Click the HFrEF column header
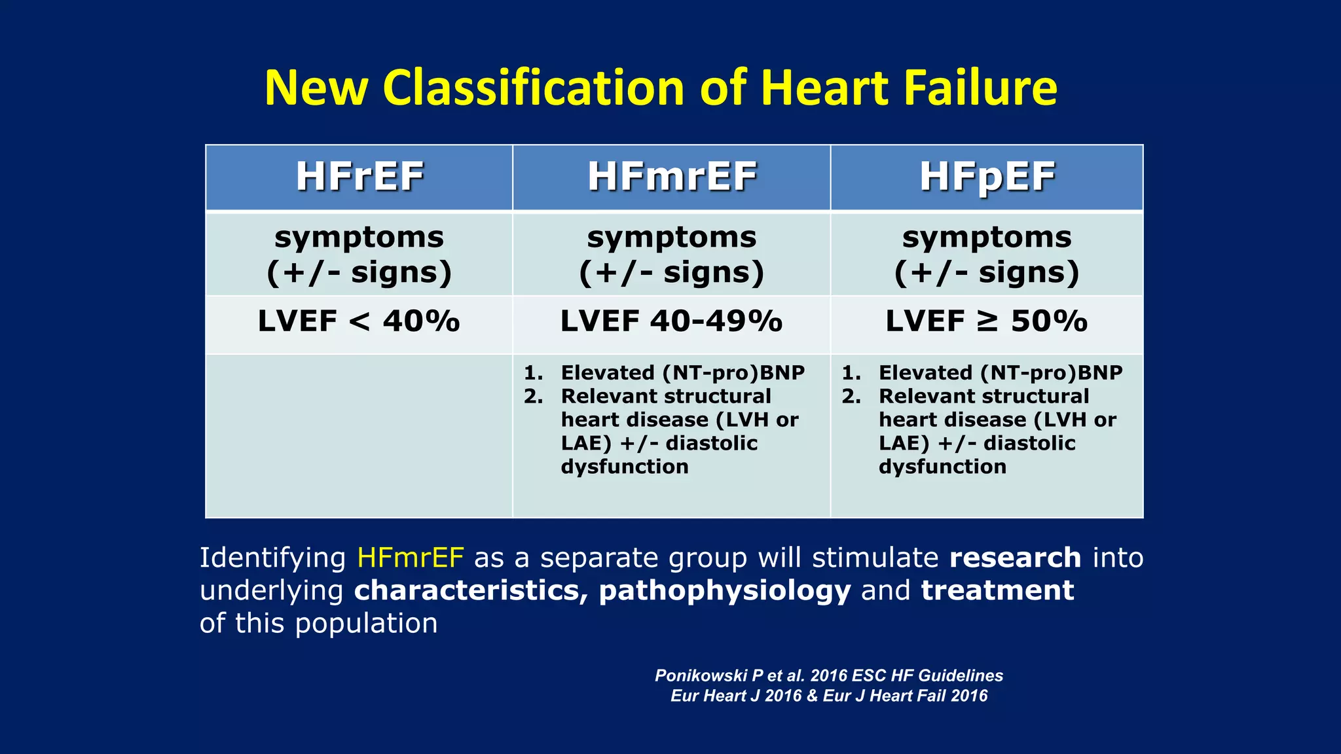359,177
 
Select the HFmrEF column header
672,177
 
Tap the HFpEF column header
987,177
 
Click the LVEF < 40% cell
359,321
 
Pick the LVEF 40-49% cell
671,321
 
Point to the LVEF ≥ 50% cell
987,321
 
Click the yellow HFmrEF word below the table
411,558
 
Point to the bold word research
1015,558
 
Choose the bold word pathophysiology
725,590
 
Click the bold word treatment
997,590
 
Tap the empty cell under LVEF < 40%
359,435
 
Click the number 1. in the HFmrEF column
533,373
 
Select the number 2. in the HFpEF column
851,397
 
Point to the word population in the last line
366,623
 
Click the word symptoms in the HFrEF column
359,237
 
